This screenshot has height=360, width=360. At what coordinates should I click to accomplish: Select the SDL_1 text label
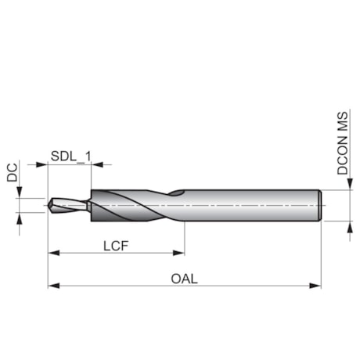point(70,156)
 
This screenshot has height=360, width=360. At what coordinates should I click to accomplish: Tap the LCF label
point(116,245)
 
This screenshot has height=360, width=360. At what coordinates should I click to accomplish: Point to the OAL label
point(185,278)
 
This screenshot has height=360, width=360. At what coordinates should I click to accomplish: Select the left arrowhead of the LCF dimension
point(53,253)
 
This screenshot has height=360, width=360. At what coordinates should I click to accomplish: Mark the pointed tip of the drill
point(49,206)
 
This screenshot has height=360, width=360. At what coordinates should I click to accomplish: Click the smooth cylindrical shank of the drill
point(250,205)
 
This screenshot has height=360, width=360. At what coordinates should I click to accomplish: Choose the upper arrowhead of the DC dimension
point(20,193)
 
